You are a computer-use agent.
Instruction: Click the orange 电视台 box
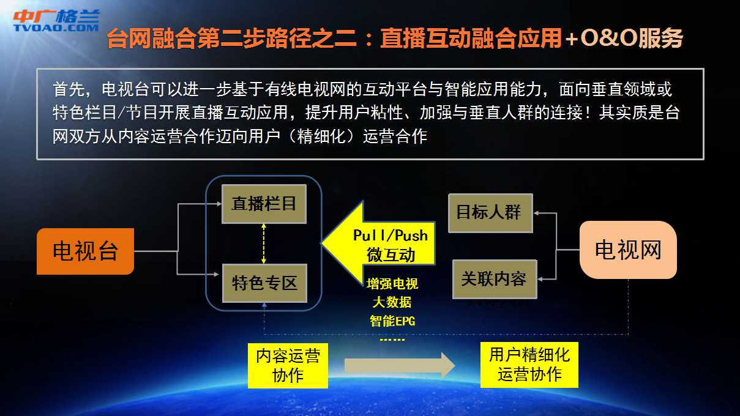85,251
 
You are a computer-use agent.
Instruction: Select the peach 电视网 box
628,250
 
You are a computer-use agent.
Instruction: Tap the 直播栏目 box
264,204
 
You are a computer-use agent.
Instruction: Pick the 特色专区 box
264,283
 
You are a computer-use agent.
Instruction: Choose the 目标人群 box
490,213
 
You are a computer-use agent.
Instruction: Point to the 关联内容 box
495,280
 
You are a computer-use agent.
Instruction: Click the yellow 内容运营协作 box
288,365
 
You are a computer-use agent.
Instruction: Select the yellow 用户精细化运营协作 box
529,365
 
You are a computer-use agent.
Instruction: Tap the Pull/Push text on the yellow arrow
391,236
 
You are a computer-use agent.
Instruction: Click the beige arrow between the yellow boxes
400,365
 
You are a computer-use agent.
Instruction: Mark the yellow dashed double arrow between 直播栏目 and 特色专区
264,243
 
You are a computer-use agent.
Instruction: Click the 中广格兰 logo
56,16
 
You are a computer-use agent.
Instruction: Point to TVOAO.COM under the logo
56,28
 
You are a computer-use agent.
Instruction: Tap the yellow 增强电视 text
392,284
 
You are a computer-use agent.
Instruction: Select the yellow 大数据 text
392,302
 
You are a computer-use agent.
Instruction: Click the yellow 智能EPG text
392,321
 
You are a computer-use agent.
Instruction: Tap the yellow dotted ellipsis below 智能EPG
392,340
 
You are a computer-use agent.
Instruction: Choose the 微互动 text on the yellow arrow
391,255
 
